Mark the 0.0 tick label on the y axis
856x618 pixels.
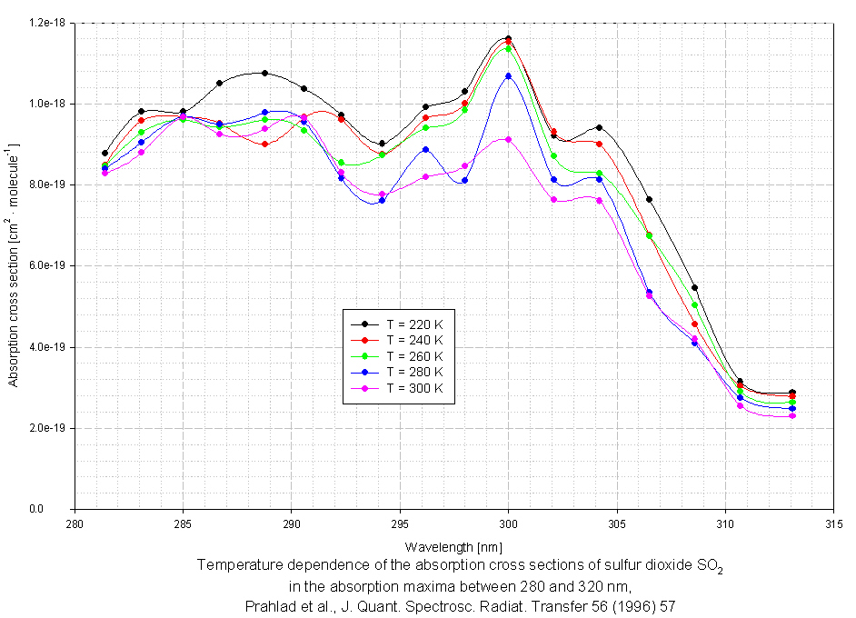(x=61, y=509)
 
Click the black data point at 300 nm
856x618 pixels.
(x=508, y=38)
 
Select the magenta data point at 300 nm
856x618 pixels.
(x=508, y=139)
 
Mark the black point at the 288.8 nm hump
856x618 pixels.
(x=264, y=73)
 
